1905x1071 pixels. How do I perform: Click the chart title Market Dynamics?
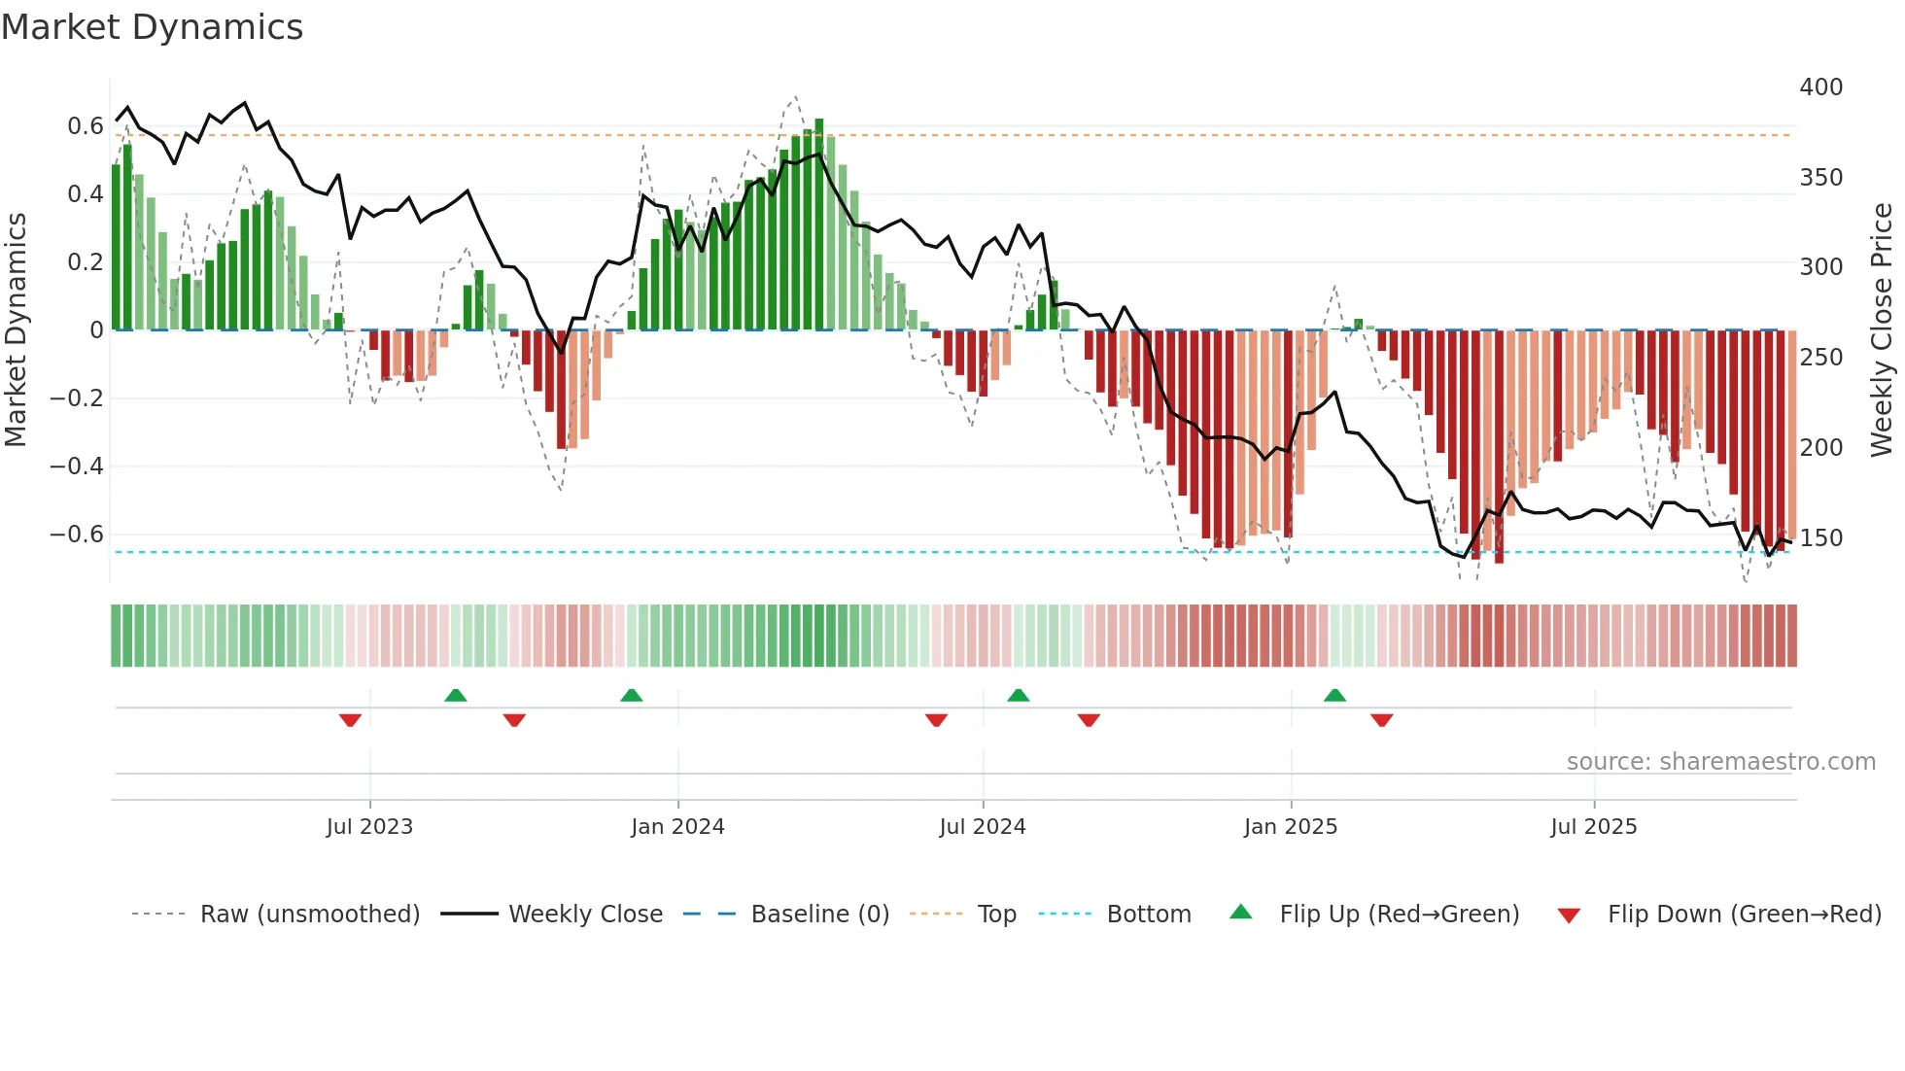pyautogui.click(x=152, y=27)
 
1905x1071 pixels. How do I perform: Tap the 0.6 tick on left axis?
pyautogui.click(x=85, y=126)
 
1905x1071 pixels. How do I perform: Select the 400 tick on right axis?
pyautogui.click(x=1820, y=87)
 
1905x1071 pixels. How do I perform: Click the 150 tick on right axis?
pyautogui.click(x=1820, y=538)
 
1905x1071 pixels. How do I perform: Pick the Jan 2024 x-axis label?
pyautogui.click(x=677, y=827)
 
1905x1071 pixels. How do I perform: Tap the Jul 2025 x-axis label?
pyautogui.click(x=1593, y=827)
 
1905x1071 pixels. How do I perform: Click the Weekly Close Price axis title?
pyautogui.click(x=1882, y=330)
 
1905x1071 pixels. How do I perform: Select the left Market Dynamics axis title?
pyautogui.click(x=16, y=330)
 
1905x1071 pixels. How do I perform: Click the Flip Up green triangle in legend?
pyautogui.click(x=1241, y=913)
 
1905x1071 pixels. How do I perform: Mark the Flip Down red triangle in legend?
pyautogui.click(x=1569, y=916)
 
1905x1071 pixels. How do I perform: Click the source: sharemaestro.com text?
pyautogui.click(x=1720, y=762)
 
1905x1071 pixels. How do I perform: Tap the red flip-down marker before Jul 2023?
pyautogui.click(x=350, y=720)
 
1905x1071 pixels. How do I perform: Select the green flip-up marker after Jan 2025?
pyautogui.click(x=1334, y=695)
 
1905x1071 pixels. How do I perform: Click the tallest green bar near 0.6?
pyautogui.click(x=819, y=224)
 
